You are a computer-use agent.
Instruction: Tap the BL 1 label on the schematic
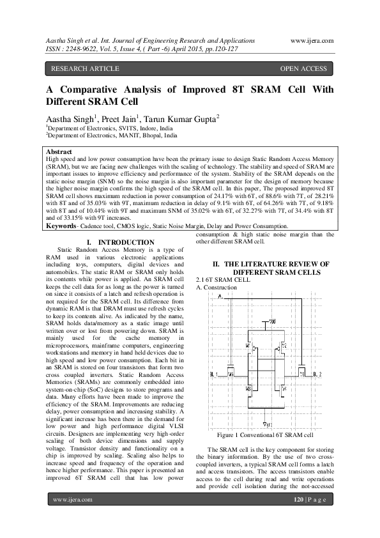coord(213,374)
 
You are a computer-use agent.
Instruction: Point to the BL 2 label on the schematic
coord(317,374)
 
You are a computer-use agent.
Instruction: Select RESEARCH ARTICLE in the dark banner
coord(85,68)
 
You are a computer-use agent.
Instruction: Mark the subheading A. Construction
coord(217,288)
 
